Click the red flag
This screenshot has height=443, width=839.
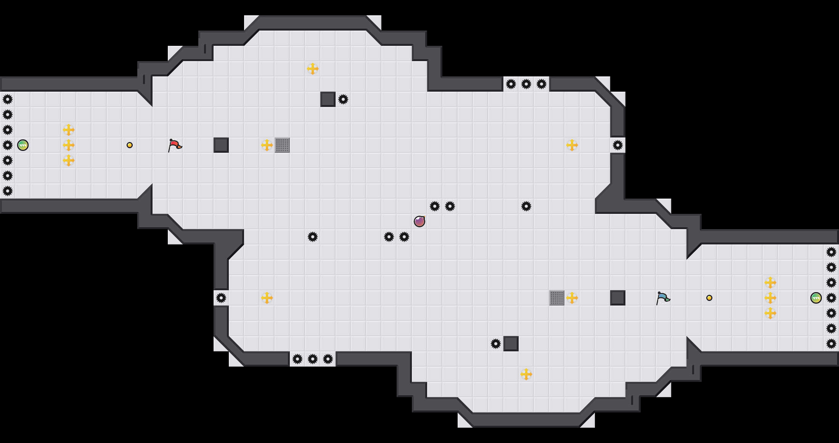pyautogui.click(x=175, y=145)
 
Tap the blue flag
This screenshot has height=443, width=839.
pyautogui.click(x=663, y=298)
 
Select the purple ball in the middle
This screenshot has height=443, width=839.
pyautogui.click(x=419, y=221)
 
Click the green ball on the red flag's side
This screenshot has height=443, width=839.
pyautogui.click(x=23, y=145)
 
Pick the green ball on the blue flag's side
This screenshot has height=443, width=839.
pyautogui.click(x=816, y=298)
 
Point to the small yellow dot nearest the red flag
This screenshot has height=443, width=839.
pyautogui.click(x=130, y=145)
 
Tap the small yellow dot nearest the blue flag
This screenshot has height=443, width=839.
pyautogui.click(x=709, y=298)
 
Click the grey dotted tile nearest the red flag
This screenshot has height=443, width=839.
pyautogui.click(x=282, y=145)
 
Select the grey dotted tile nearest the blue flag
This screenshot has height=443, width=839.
pyautogui.click(x=557, y=298)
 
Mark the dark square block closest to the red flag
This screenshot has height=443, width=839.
pyautogui.click(x=221, y=145)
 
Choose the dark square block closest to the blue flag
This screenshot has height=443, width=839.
pyautogui.click(x=618, y=298)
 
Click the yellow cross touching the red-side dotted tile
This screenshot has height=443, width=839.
pyautogui.click(x=267, y=145)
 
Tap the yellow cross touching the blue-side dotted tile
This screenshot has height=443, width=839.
pyautogui.click(x=572, y=298)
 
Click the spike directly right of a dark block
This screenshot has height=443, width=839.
pyautogui.click(x=343, y=99)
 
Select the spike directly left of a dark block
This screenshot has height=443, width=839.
pyautogui.click(x=496, y=344)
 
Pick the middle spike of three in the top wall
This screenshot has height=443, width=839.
pyautogui.click(x=526, y=84)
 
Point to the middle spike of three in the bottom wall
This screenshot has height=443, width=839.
pyautogui.click(x=313, y=359)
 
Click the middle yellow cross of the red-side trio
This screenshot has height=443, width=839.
pyautogui.click(x=69, y=145)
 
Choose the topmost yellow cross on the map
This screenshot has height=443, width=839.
pyautogui.click(x=313, y=69)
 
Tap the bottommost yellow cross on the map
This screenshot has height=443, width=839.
pyautogui.click(x=526, y=374)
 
